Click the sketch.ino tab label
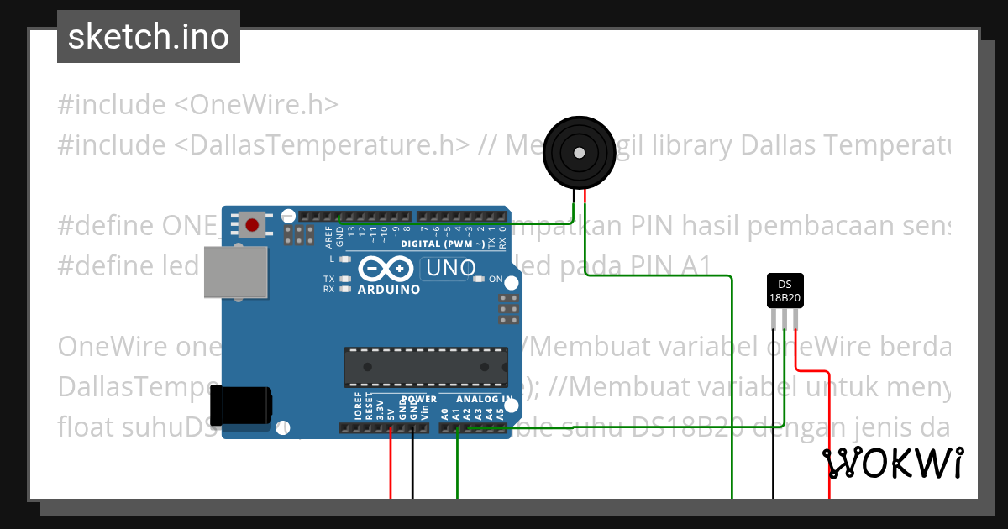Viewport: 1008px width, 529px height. pos(149,37)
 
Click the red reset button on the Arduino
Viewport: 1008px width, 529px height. pos(253,224)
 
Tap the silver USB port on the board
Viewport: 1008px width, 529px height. pos(236,272)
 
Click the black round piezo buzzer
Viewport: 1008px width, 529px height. pos(579,153)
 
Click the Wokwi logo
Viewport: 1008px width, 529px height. pos(893,464)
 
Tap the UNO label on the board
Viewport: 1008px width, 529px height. pos(452,269)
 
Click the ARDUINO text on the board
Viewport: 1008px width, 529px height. pos(389,290)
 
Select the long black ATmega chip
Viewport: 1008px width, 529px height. pos(426,367)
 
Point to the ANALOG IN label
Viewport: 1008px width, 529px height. pos(484,399)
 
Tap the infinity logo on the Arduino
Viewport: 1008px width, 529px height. pos(386,269)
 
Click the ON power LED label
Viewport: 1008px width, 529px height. pos(496,279)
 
